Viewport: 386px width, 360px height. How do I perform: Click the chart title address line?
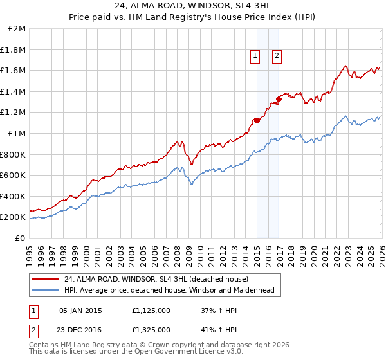point(193,6)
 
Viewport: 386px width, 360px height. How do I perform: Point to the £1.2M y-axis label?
point(14,113)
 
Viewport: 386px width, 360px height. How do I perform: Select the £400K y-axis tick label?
point(14,196)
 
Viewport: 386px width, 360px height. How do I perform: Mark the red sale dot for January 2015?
point(257,120)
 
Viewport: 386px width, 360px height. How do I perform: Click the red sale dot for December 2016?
point(279,99)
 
